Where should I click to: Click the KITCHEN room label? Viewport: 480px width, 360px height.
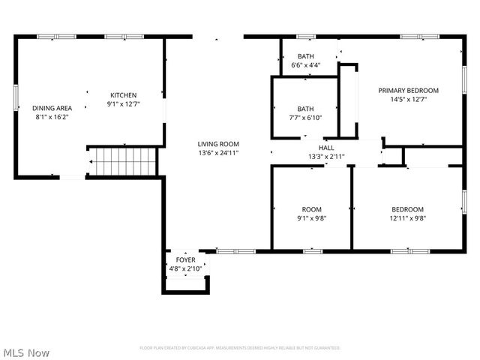(x=124, y=95)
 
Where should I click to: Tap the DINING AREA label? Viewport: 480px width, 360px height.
(x=52, y=108)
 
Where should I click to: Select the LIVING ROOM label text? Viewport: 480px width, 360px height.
(x=218, y=144)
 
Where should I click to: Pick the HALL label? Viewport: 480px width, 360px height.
(x=326, y=148)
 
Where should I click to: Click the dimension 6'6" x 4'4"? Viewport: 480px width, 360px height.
(x=305, y=65)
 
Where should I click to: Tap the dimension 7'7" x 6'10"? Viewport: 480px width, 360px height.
(x=305, y=118)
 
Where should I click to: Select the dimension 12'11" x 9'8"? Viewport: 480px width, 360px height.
(x=408, y=218)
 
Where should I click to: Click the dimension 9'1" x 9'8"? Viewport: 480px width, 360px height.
(x=311, y=218)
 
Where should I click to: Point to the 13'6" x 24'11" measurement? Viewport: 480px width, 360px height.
(x=218, y=153)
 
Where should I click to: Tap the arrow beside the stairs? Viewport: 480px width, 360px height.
(x=93, y=161)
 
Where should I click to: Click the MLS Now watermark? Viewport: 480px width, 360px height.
(x=26, y=352)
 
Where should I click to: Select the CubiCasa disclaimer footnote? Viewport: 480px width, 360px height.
(x=240, y=348)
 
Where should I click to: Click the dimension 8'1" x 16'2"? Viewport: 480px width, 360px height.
(x=52, y=117)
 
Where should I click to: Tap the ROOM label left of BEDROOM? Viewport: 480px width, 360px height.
(x=311, y=209)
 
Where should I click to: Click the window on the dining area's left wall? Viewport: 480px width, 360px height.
(x=16, y=97)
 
